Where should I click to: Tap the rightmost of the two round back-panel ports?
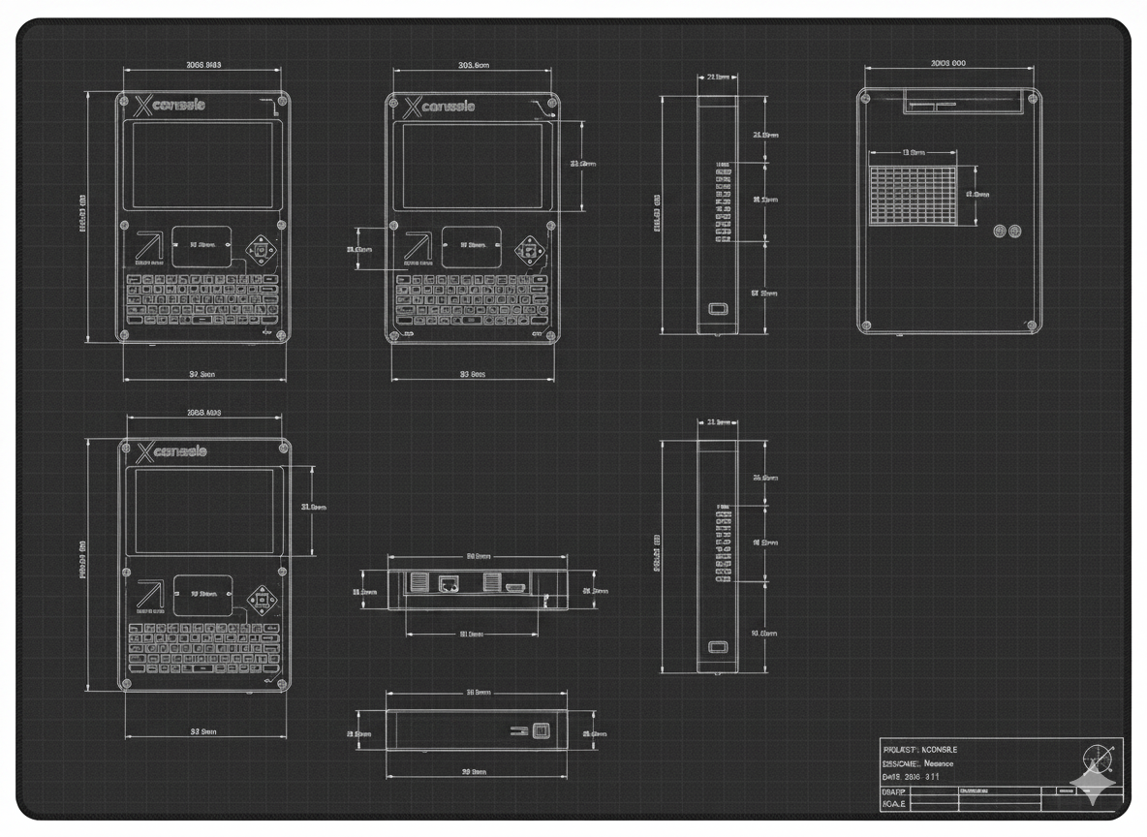pos(1015,232)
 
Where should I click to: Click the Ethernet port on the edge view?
pos(449,584)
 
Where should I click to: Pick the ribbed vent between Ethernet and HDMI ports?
pos(490,583)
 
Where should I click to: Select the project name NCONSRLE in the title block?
pos(940,750)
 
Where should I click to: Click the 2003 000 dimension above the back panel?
pos(947,63)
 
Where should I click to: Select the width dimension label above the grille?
pos(914,152)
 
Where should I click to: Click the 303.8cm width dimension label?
pos(474,66)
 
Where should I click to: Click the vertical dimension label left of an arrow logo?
pos(359,250)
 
